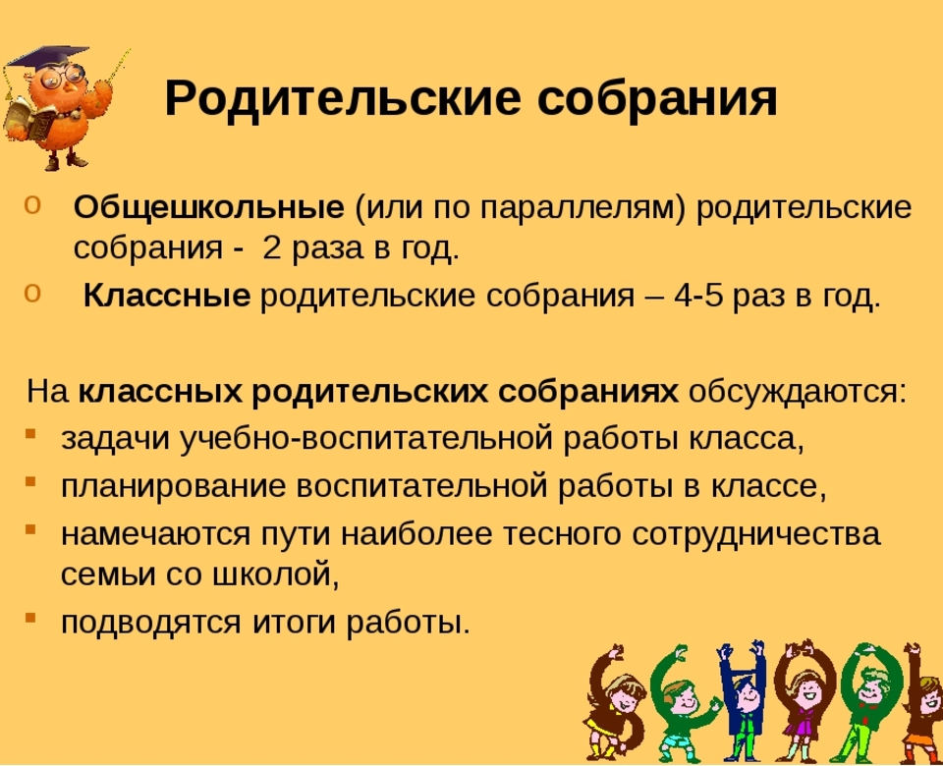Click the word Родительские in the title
click(x=342, y=98)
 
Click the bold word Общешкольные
click(x=209, y=208)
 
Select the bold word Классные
click(x=167, y=296)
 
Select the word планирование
click(x=173, y=486)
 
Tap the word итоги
click(x=293, y=622)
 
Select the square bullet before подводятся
click(x=30, y=617)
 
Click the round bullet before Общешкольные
click(x=31, y=204)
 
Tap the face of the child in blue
click(x=748, y=695)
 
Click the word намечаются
click(x=155, y=534)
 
